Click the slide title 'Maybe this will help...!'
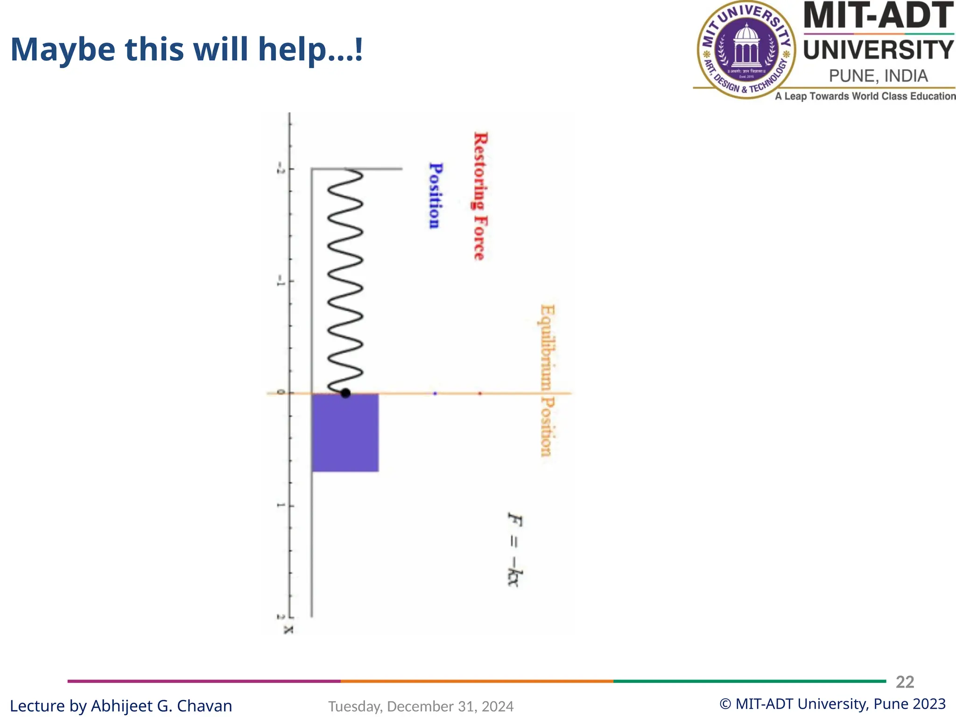point(186,49)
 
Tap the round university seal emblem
point(747,49)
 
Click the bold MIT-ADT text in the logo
point(878,16)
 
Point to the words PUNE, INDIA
point(878,76)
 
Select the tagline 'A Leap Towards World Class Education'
point(865,96)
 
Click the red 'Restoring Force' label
point(480,196)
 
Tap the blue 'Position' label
point(435,196)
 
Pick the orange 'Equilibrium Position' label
point(547,380)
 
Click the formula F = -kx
point(515,549)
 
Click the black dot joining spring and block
point(345,394)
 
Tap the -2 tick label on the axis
point(280,169)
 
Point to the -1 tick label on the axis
point(280,281)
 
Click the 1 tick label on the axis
point(280,506)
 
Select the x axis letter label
point(289,630)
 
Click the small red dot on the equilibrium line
point(480,394)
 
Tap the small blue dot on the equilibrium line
point(435,394)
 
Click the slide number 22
point(905,682)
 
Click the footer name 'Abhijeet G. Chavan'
point(161,706)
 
